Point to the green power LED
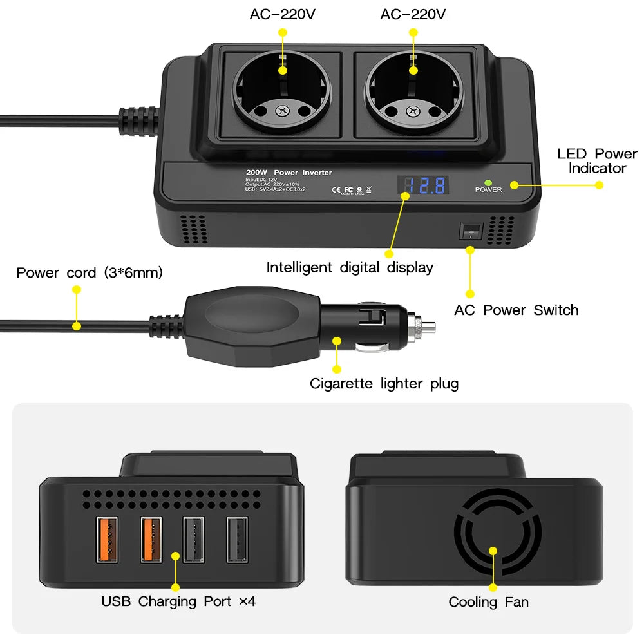pyautogui.click(x=489, y=182)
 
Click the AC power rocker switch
pyautogui.click(x=471, y=232)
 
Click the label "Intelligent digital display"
pyautogui.click(x=350, y=268)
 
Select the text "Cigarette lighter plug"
pyautogui.click(x=384, y=384)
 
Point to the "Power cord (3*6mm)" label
pyautogui.click(x=90, y=272)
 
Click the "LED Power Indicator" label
pyautogui.click(x=596, y=161)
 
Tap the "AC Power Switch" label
pyautogui.click(x=516, y=310)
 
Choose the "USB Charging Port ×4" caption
pyautogui.click(x=178, y=601)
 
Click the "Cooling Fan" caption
pyautogui.click(x=488, y=602)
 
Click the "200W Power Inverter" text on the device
pyautogui.click(x=289, y=173)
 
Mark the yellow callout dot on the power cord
pyautogui.click(x=77, y=326)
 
